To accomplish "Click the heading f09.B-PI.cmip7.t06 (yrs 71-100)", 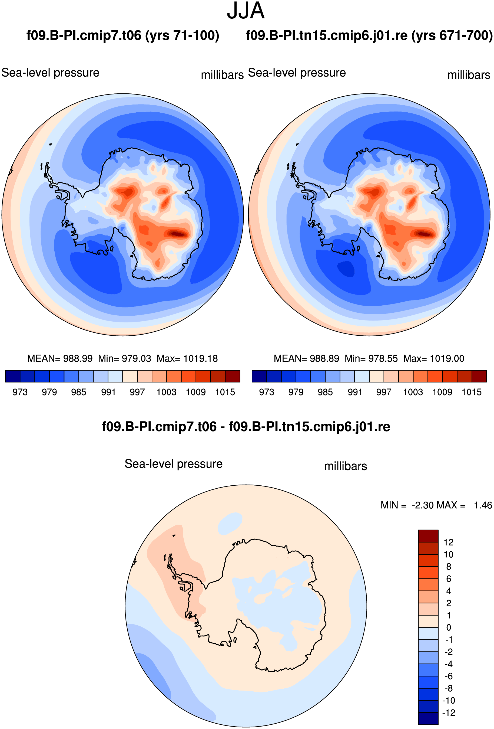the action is [x=123, y=35].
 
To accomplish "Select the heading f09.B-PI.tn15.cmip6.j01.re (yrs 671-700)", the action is [x=369, y=35].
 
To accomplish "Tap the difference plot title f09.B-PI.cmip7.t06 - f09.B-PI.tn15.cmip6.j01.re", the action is [x=246, y=427].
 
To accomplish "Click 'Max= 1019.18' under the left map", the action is [x=187, y=358].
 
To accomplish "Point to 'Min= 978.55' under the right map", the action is [x=371, y=358].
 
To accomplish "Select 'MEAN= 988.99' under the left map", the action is [x=60, y=358].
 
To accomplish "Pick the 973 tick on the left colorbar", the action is [x=20, y=392].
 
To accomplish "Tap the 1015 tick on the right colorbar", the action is [x=472, y=392].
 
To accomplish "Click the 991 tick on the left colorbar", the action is [x=108, y=392].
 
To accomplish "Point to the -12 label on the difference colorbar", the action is [x=449, y=712].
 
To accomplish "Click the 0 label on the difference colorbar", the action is [x=449, y=627].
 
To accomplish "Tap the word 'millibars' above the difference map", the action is [x=346, y=466].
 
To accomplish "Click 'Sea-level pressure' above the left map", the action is [x=51, y=73].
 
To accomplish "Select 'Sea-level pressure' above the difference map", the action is [x=174, y=464].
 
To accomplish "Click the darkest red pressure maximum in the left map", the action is [x=178, y=234].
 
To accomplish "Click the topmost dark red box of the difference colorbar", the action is [x=428, y=536].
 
